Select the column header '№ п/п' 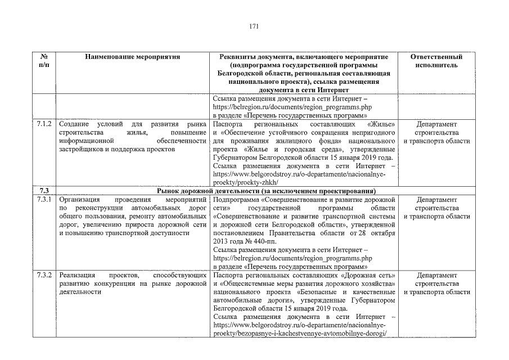pyautogui.click(x=43, y=61)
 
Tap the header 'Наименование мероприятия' pyautogui.click(x=133, y=57)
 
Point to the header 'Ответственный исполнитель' pyautogui.click(x=436, y=61)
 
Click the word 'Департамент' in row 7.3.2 pyautogui.click(x=436, y=276)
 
